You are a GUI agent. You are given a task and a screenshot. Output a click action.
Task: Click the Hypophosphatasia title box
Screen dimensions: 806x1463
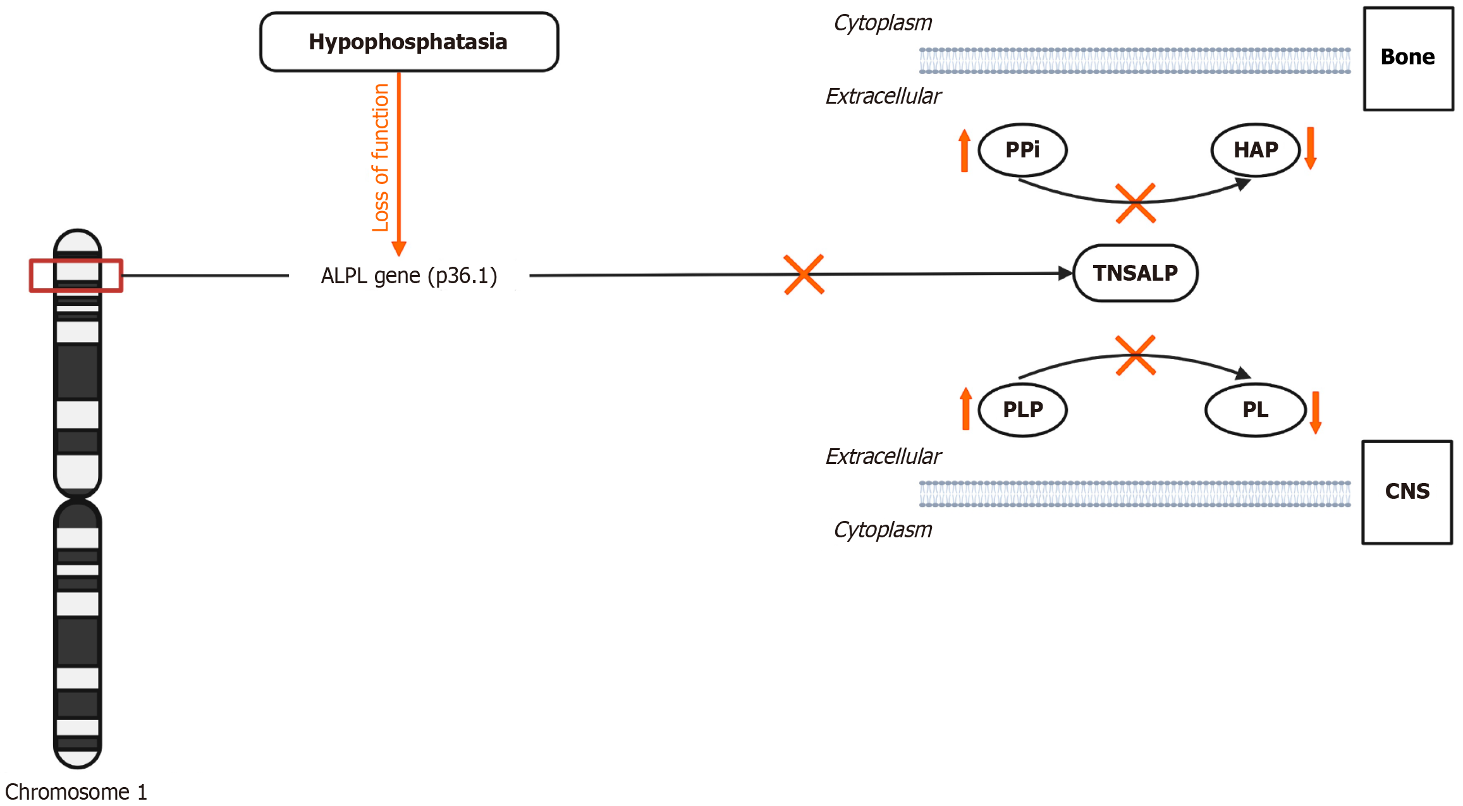(409, 42)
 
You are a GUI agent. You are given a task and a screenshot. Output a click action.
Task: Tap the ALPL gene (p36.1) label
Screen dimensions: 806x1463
(409, 276)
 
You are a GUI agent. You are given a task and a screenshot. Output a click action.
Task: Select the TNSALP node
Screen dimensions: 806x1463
(1136, 273)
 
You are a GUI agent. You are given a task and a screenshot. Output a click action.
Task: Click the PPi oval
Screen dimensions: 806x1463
(1022, 150)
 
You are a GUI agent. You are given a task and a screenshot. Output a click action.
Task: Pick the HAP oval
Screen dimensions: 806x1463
(1256, 150)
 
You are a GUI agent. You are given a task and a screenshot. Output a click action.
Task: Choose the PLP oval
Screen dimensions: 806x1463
(1022, 410)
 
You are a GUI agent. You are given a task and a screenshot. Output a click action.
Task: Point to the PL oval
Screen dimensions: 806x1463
(1256, 410)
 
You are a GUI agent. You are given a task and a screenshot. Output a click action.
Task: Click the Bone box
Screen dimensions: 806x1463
(1408, 58)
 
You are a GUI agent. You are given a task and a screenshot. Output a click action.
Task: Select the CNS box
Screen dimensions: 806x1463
(1407, 492)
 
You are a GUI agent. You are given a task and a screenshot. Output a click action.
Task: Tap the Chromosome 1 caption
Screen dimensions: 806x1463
(76, 792)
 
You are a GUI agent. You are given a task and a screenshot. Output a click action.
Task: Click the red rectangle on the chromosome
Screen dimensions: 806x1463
(76, 276)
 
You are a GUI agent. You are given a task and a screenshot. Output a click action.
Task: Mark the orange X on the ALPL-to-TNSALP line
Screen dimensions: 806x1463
(804, 274)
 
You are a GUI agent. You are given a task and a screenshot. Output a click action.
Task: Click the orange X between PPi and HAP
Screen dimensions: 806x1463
(1136, 203)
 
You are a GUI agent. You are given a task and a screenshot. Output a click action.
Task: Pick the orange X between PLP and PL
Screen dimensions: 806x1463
(1136, 355)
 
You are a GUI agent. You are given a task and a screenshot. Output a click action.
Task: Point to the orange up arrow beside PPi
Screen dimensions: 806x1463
(964, 150)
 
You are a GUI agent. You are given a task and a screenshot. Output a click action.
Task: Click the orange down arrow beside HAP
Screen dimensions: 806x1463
(1311, 149)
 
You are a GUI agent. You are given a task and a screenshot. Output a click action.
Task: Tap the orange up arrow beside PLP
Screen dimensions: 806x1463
(965, 409)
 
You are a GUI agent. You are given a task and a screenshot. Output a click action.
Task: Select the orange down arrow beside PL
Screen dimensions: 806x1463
(1316, 412)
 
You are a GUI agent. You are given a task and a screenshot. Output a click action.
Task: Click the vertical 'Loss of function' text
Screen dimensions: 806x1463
(381, 158)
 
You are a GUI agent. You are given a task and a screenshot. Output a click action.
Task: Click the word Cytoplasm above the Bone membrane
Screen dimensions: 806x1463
(883, 23)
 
